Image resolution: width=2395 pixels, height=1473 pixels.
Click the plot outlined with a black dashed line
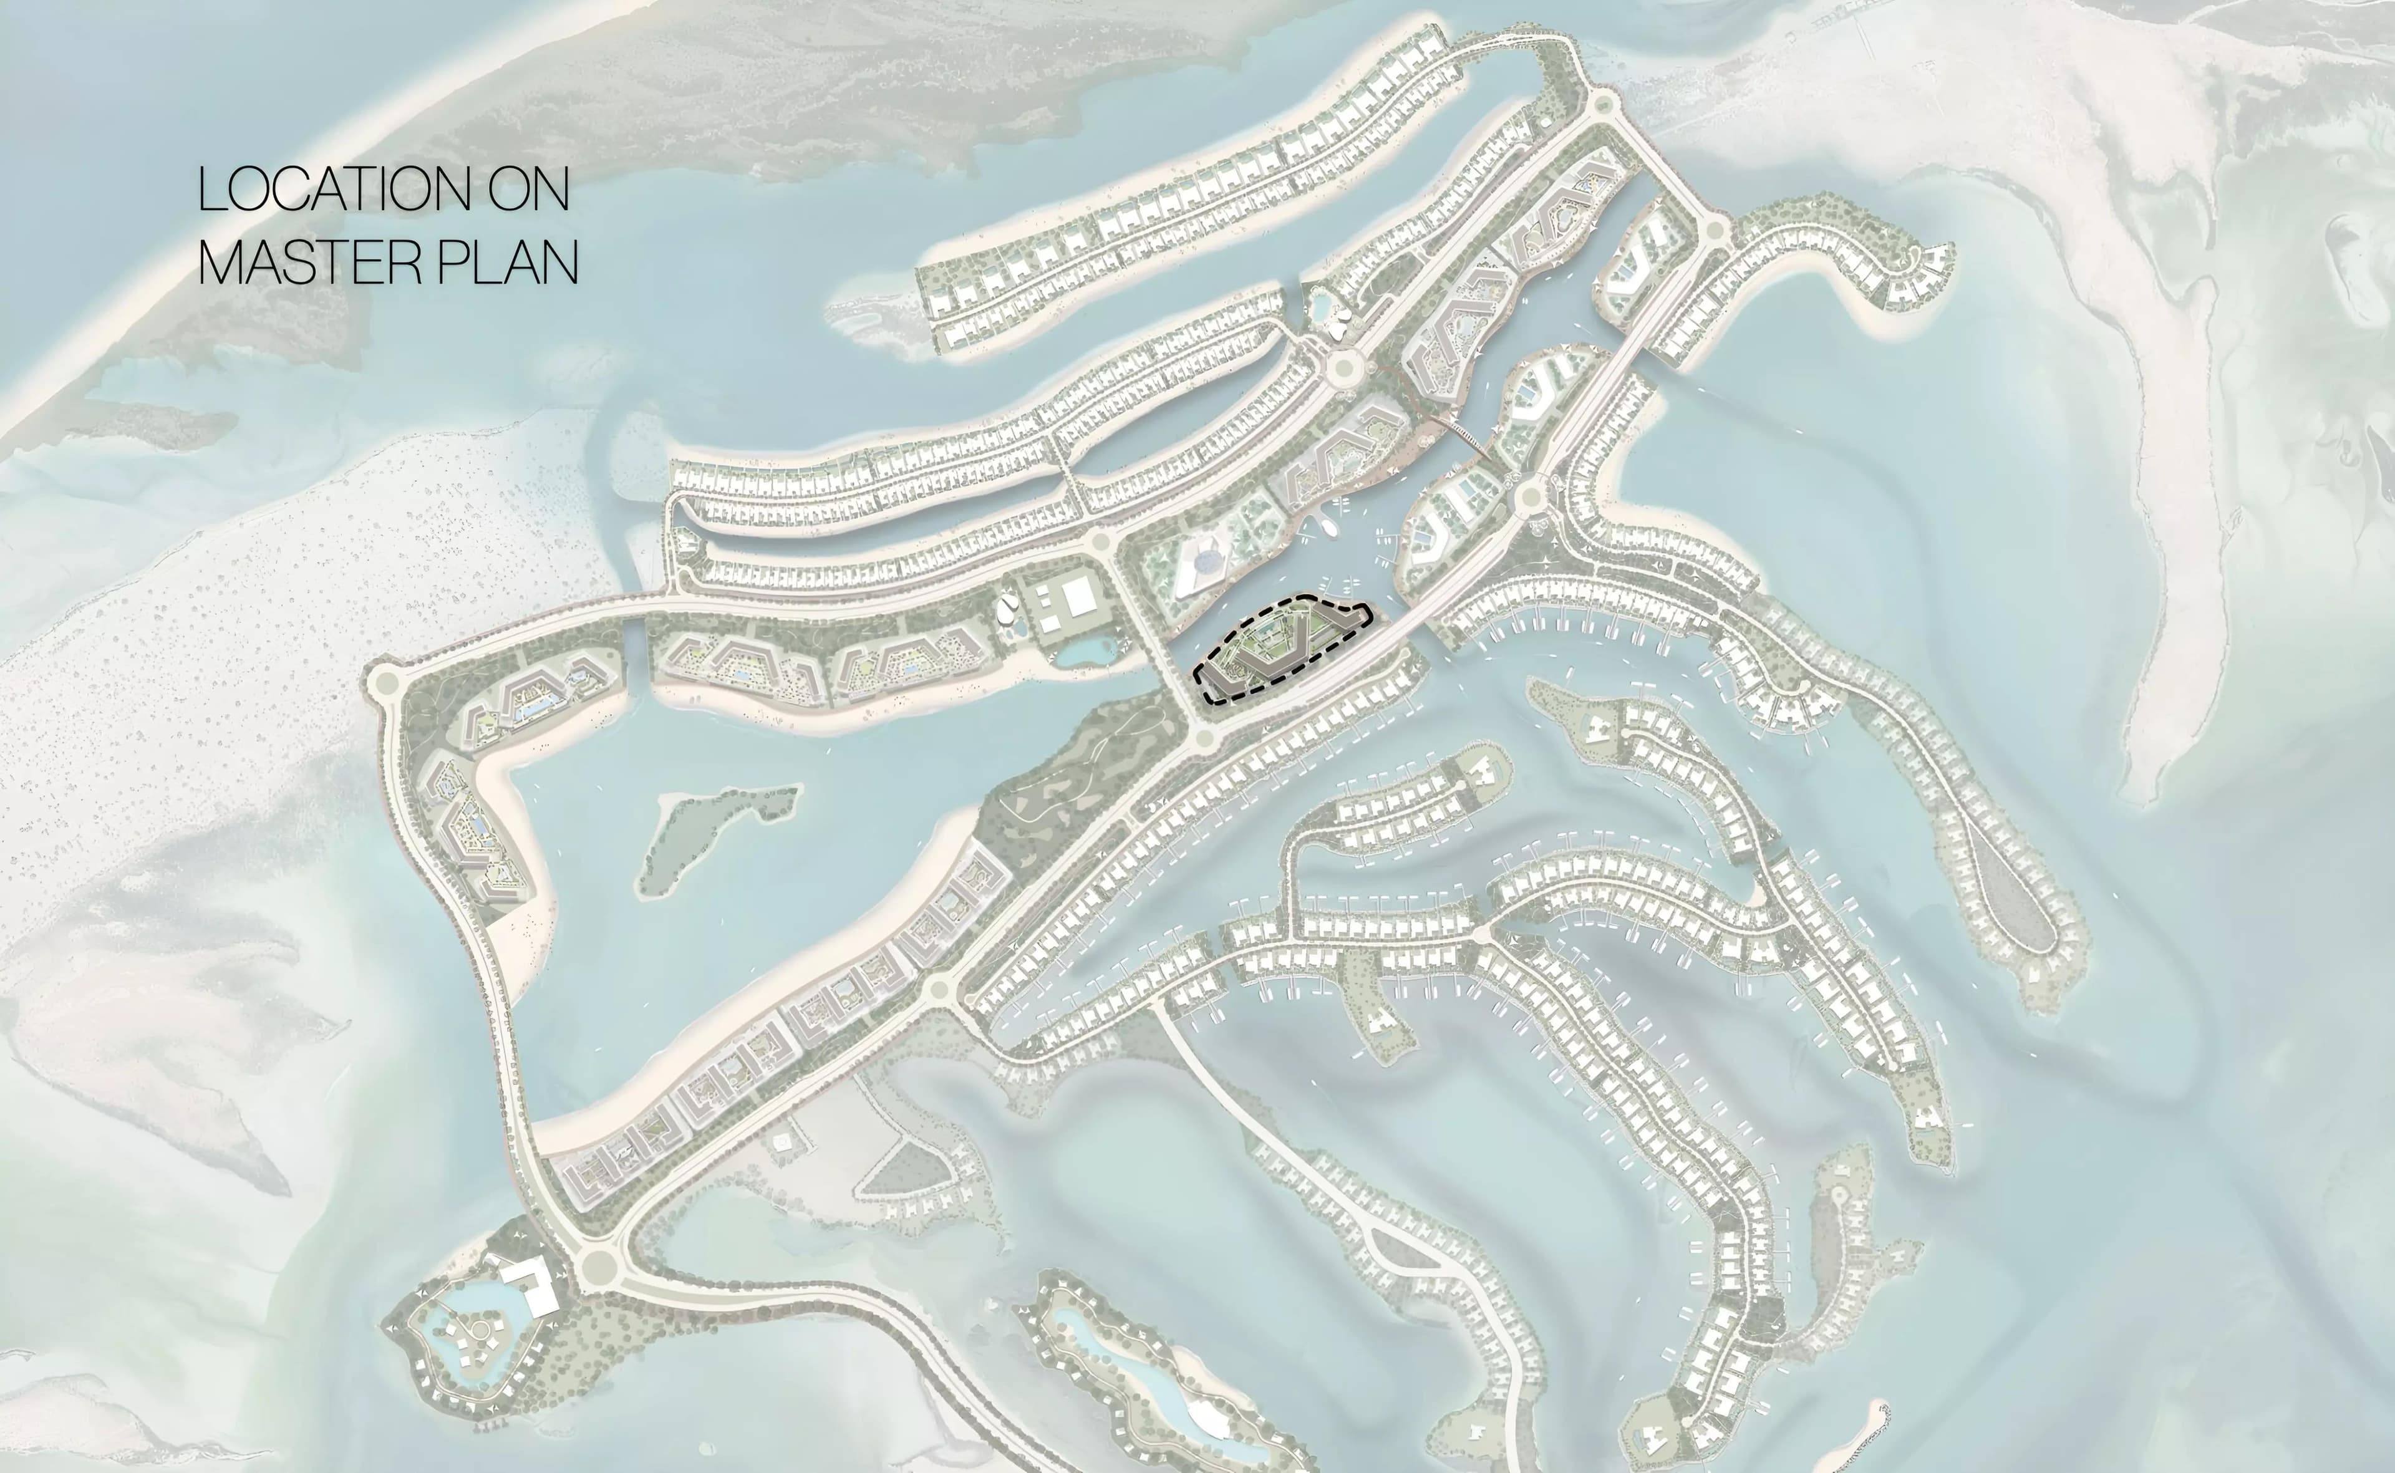1281,648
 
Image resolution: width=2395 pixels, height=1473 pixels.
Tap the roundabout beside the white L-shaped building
596,1267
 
